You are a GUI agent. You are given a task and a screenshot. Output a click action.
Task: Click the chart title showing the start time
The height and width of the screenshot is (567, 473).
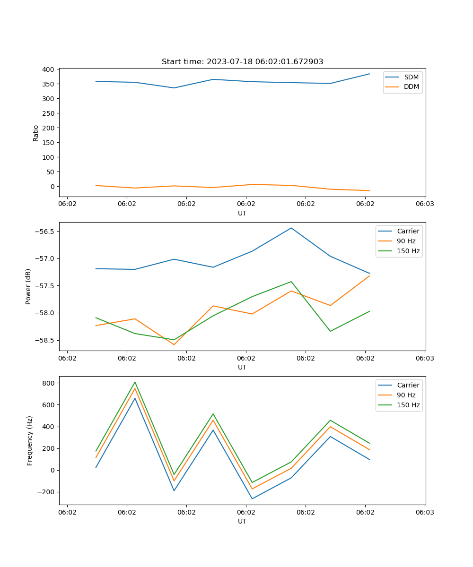coord(242,62)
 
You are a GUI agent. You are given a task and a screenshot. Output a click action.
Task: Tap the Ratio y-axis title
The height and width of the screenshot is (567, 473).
coord(36,133)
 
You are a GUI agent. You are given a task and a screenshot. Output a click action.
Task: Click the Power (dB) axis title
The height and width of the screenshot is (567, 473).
coord(28,286)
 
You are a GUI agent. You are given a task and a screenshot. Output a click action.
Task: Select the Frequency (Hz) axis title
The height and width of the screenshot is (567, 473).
coord(30,440)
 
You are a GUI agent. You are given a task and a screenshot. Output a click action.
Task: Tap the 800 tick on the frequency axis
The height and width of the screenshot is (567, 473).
coord(49,383)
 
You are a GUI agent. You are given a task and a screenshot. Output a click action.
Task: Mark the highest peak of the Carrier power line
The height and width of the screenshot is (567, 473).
coord(291,228)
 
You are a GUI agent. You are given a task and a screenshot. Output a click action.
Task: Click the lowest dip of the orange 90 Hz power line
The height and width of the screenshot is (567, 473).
coord(174,344)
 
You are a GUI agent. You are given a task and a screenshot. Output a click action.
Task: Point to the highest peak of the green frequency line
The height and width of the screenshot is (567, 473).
coord(135,382)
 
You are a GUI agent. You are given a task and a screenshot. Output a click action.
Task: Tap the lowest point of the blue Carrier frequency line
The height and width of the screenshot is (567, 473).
coord(252,498)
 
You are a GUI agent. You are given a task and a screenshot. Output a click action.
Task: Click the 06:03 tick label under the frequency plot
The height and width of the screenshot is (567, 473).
coord(425,512)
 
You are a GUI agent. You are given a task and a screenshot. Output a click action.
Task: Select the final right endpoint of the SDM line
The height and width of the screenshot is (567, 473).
coord(369,74)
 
